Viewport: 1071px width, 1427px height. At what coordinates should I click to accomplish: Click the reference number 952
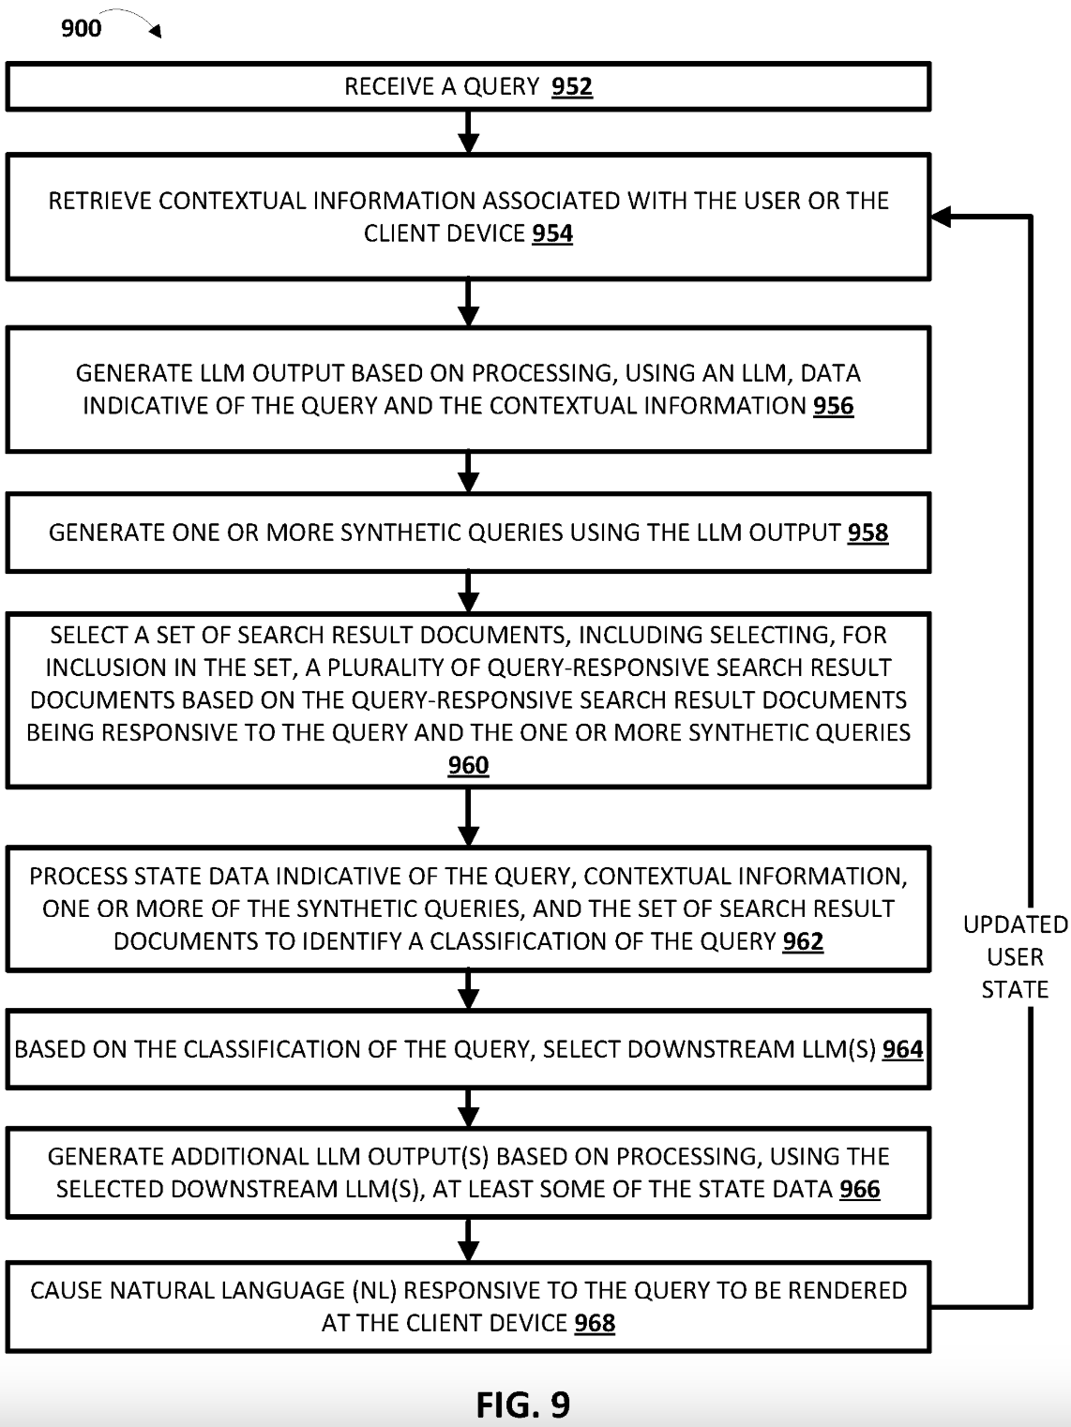(572, 87)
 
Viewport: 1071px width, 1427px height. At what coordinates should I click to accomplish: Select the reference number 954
(552, 233)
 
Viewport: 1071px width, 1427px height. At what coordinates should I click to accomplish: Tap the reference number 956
(833, 406)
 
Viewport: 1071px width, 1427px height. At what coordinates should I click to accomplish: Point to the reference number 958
(867, 533)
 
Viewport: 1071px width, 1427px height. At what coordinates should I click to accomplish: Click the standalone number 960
(468, 765)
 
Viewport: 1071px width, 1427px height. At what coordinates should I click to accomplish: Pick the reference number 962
(803, 941)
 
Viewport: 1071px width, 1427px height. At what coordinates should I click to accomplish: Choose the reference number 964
(902, 1049)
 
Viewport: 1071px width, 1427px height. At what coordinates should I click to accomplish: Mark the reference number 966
(859, 1190)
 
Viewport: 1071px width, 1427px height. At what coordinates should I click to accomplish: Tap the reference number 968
(595, 1324)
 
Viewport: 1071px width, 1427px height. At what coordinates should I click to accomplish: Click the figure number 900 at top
(81, 28)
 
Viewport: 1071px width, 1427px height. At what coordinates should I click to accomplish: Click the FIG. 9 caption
(522, 1404)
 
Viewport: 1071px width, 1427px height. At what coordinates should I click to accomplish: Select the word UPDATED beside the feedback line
(1015, 925)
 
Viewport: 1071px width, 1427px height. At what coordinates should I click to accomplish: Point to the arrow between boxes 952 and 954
(468, 132)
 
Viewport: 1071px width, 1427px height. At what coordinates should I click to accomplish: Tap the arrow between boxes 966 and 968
(468, 1239)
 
